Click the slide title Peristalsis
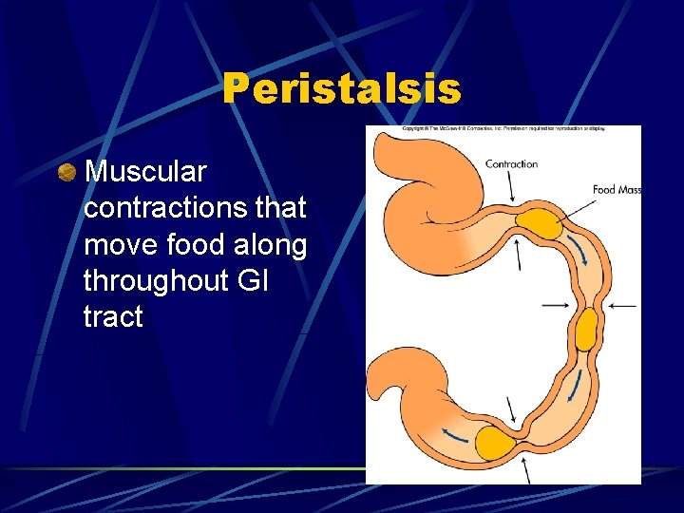tap(342, 90)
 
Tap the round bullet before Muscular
tap(66, 172)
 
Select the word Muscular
tap(145, 172)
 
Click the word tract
tap(113, 316)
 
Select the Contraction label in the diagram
tap(511, 164)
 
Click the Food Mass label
tap(617, 190)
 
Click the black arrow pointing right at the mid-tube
tap(555, 305)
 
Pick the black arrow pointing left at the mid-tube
tap(623, 305)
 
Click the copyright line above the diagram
tap(503, 128)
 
